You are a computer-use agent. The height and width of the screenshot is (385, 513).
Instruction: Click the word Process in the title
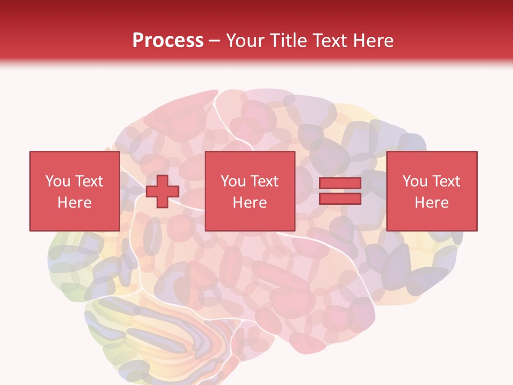tap(168, 41)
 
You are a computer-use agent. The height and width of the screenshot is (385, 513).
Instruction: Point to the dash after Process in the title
tap(215, 41)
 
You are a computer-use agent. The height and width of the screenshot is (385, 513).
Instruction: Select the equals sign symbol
tap(340, 191)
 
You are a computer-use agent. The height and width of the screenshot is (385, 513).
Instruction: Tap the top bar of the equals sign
tap(340, 184)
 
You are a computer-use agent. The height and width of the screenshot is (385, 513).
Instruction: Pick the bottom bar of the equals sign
tap(340, 199)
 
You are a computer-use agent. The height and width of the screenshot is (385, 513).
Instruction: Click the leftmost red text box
tap(74, 191)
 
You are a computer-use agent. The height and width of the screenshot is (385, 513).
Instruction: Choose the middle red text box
tap(250, 191)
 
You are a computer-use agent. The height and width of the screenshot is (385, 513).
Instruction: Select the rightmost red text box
tap(431, 191)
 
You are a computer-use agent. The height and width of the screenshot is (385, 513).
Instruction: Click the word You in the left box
tap(57, 181)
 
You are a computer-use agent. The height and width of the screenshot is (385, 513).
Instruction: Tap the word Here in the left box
tap(74, 203)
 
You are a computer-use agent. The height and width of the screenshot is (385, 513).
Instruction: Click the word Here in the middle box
tap(250, 203)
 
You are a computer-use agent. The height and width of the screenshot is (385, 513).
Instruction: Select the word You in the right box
tap(414, 181)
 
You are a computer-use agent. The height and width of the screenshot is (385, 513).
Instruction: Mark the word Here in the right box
tap(431, 203)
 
